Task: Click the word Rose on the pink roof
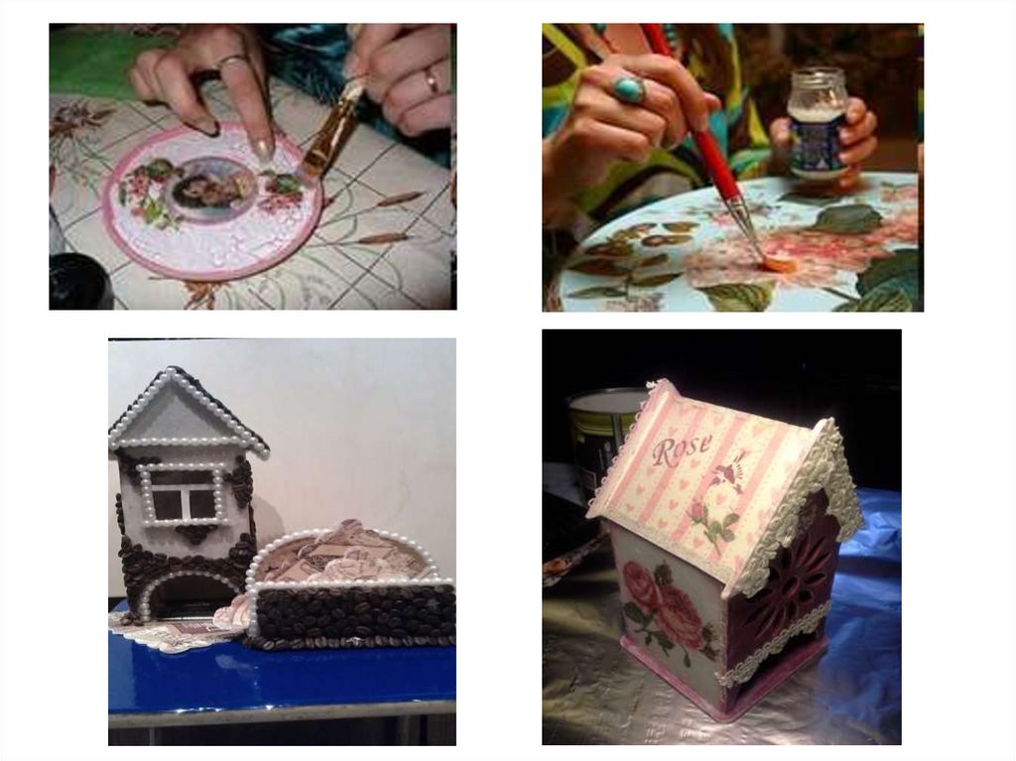coord(681,448)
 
